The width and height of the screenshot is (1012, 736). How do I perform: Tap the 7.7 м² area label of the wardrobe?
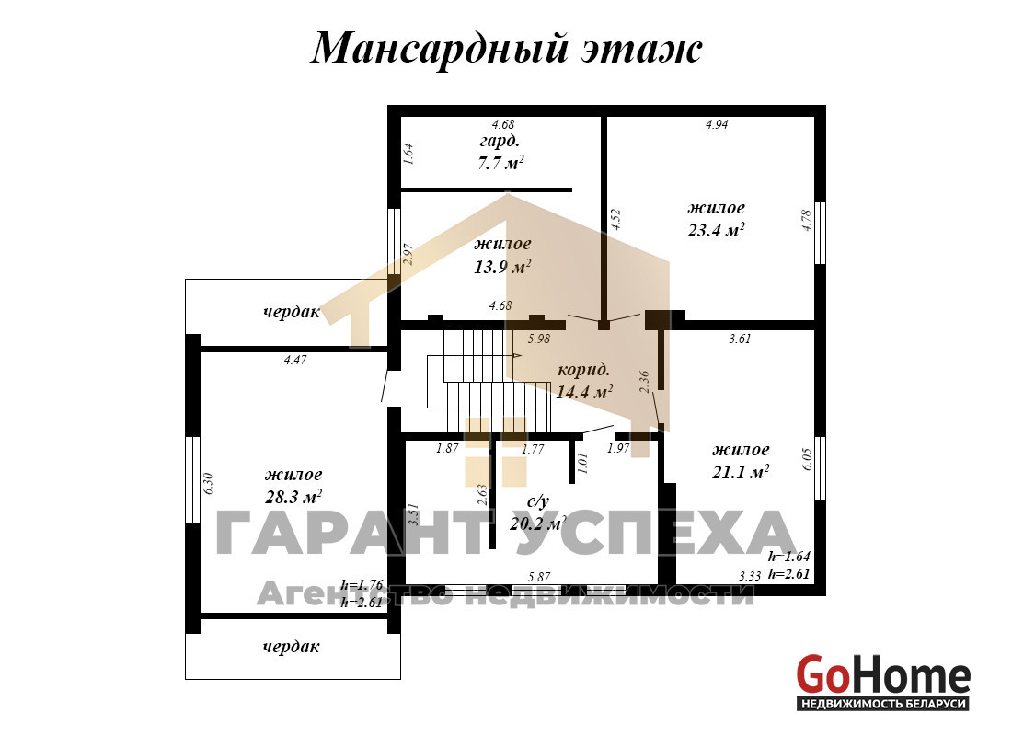point(500,164)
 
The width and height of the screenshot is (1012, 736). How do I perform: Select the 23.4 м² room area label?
point(717,230)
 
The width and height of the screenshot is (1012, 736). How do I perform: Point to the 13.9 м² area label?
point(502,266)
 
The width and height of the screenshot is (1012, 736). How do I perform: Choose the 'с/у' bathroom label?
point(537,501)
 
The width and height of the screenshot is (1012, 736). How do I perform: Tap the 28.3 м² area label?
point(293,497)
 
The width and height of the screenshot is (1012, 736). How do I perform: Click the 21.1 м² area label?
point(741,472)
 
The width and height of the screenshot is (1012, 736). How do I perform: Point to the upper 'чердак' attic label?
point(291,313)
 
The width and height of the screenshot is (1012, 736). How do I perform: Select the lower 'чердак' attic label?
point(291,647)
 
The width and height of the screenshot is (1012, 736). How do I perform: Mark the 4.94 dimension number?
point(717,124)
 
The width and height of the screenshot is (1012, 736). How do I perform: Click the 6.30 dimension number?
point(208,484)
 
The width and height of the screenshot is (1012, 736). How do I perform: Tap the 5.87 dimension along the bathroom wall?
point(539,577)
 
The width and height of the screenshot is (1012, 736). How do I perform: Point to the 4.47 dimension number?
point(295,361)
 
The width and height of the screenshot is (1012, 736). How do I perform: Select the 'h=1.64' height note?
point(788,557)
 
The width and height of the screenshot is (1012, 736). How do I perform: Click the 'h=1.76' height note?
point(362,585)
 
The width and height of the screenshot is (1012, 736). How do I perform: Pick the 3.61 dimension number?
point(740,339)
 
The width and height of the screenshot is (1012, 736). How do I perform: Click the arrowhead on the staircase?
point(518,355)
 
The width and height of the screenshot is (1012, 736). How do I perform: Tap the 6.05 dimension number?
point(808,459)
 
